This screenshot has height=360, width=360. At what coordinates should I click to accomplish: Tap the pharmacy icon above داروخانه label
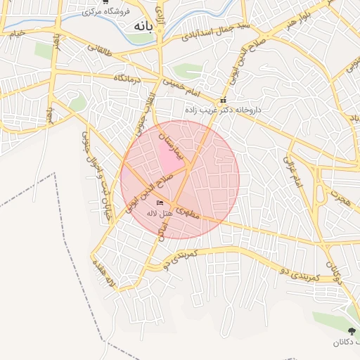point(224,100)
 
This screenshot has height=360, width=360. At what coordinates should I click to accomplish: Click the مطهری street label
point(188,212)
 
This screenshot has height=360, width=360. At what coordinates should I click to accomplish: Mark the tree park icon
point(352,330)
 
